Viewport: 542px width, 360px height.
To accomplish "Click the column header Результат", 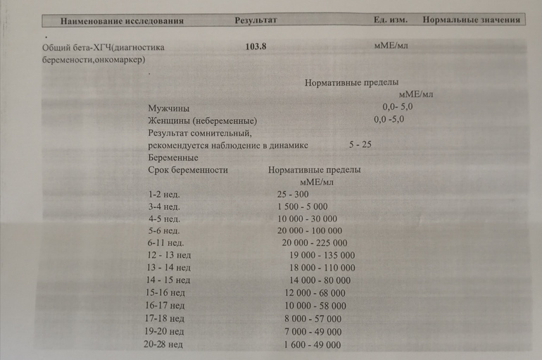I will [x=256, y=20].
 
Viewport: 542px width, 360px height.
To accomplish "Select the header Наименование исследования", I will [x=122, y=20].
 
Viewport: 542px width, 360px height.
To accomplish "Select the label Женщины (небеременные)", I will [x=202, y=120].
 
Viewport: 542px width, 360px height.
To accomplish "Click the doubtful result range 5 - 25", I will [x=360, y=144].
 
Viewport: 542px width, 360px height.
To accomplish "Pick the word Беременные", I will [x=173, y=157].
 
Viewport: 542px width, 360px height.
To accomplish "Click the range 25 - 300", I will [x=293, y=194].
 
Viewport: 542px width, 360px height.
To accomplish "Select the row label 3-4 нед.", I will [x=164, y=206].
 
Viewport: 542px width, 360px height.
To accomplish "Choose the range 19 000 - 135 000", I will [x=322, y=255].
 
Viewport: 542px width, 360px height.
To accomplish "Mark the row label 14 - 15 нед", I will [x=170, y=280].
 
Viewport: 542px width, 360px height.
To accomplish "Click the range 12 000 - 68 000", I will [x=315, y=292].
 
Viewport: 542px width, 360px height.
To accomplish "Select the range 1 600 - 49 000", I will [x=312, y=345].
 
